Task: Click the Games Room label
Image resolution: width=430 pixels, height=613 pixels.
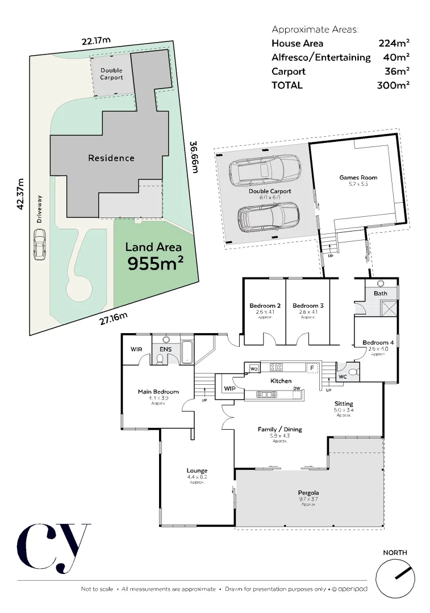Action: [358, 178]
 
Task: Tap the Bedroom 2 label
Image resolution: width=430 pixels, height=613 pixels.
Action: [265, 306]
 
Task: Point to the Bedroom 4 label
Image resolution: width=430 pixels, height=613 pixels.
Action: [378, 342]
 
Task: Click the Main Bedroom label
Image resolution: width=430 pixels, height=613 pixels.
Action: [158, 392]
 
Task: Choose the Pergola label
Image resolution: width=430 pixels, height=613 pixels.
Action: [308, 493]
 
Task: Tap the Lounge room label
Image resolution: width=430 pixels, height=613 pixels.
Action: [197, 471]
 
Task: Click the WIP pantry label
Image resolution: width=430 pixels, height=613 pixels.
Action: [229, 389]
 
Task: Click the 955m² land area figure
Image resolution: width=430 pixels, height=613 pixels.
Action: [155, 263]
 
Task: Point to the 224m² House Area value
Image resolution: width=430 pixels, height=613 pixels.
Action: [394, 43]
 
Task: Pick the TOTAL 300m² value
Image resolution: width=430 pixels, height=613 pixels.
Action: [393, 85]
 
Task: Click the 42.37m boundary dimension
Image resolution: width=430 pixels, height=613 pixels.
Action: [21, 194]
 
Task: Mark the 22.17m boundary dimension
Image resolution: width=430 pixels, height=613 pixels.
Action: [95, 41]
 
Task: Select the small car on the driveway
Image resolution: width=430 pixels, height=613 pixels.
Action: [39, 244]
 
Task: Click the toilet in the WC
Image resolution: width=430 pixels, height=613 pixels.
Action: [352, 372]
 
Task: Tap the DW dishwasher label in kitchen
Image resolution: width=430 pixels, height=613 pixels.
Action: [297, 389]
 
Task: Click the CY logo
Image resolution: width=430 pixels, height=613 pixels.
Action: [53, 547]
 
